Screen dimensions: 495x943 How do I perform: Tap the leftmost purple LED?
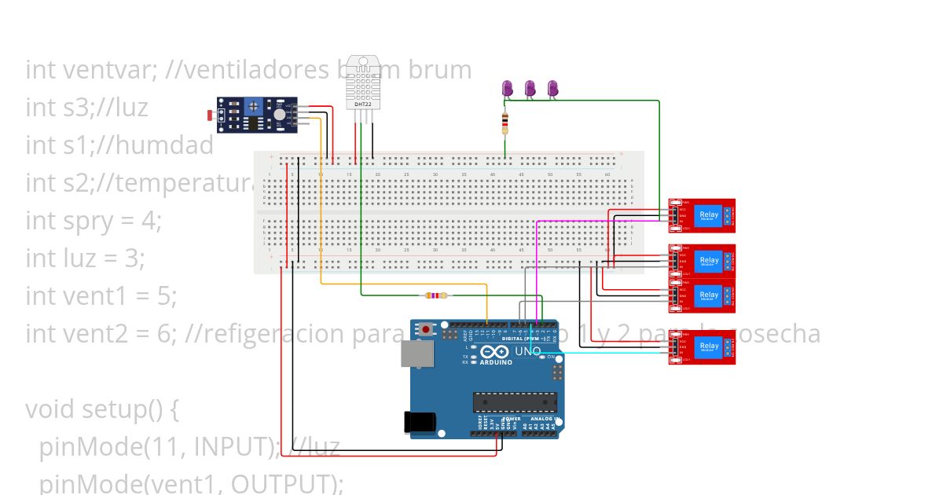pyautogui.click(x=508, y=89)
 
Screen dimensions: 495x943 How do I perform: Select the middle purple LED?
pyautogui.click(x=530, y=89)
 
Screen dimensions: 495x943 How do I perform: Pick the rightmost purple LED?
pyautogui.click(x=552, y=89)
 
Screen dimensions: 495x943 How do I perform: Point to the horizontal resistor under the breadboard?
pyautogui.click(x=435, y=296)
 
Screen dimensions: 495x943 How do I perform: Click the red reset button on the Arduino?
pyautogui.click(x=427, y=328)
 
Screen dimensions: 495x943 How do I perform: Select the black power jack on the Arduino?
pyautogui.click(x=418, y=422)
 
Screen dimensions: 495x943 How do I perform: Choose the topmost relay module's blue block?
pyautogui.click(x=709, y=215)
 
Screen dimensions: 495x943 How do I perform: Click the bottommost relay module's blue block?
pyautogui.click(x=709, y=347)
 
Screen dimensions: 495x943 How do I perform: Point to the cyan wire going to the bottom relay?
pyautogui.click(x=613, y=353)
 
